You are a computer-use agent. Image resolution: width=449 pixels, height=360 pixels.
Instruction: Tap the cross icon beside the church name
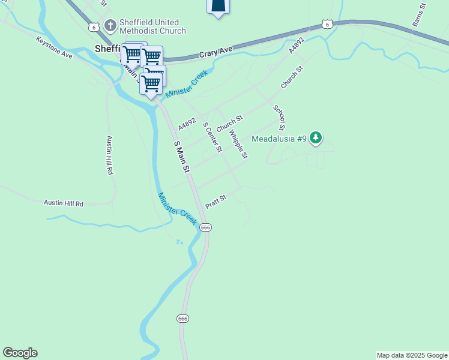pos(110,25)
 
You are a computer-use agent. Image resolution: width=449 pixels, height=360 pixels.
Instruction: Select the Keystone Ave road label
pos(54,47)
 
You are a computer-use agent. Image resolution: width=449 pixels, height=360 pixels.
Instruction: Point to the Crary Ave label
pos(217,52)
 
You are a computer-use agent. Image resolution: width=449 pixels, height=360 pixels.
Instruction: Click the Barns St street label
pos(418,15)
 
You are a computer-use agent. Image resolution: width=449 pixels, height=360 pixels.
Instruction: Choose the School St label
pos(279,118)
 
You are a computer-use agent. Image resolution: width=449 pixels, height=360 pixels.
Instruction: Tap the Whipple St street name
pos(238,145)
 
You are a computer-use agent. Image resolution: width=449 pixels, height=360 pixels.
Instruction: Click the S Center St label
pos(212,137)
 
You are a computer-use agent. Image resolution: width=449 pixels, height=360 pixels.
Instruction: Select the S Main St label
pos(181,156)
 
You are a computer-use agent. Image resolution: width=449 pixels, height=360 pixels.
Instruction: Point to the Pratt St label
pos(215,202)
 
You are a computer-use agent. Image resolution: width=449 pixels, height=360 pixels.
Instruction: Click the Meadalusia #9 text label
pos(279,139)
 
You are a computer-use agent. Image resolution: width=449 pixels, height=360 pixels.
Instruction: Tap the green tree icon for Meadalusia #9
pos(316,139)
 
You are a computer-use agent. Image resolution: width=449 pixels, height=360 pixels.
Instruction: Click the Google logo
pos(20,353)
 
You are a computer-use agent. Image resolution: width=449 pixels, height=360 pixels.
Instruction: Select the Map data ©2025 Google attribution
pos(412,355)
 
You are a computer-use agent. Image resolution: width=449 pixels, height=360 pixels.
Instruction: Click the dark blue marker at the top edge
pos(218,6)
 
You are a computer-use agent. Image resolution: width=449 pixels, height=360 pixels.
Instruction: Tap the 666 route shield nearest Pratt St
pos(206,227)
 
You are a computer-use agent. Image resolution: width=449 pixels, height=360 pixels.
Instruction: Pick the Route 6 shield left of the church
pos(94,27)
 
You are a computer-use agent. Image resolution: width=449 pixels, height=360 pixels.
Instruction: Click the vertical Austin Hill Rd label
pos(110,155)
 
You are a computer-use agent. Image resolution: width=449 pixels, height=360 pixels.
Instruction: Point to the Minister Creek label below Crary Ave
pos(186,85)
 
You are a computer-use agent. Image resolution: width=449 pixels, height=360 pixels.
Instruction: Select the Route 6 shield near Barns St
pos(326,23)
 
